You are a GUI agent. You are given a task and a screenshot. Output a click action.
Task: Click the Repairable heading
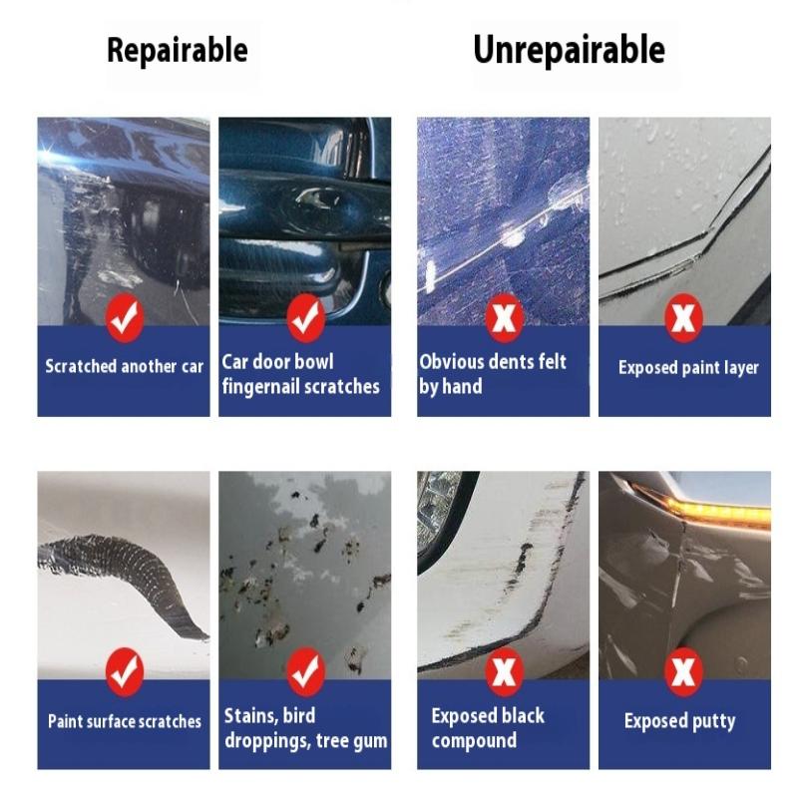[x=178, y=50]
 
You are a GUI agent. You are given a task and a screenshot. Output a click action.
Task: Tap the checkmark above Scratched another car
[x=124, y=317]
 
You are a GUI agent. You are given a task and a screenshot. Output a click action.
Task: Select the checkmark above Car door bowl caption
[x=305, y=317]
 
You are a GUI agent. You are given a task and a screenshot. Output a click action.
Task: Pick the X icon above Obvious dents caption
[x=504, y=317]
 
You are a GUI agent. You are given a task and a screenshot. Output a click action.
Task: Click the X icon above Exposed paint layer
[x=684, y=317]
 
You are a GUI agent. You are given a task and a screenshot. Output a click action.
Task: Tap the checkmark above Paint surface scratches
[x=124, y=671]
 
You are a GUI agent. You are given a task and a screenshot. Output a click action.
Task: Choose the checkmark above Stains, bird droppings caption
[x=305, y=671]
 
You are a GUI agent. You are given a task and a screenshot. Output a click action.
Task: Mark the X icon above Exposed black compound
[x=504, y=671]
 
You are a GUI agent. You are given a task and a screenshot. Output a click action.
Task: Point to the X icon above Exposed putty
[x=684, y=671]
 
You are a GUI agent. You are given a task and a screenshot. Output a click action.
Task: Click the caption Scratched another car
[x=124, y=366]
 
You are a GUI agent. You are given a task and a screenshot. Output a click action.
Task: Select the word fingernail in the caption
[x=264, y=387]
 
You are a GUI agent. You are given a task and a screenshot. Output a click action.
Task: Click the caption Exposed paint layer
[x=688, y=367]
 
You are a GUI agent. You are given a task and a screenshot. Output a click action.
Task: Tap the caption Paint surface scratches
[x=124, y=721]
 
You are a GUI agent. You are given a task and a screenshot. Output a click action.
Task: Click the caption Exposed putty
[x=679, y=721]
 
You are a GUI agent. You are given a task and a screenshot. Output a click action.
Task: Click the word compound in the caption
[x=474, y=740]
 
